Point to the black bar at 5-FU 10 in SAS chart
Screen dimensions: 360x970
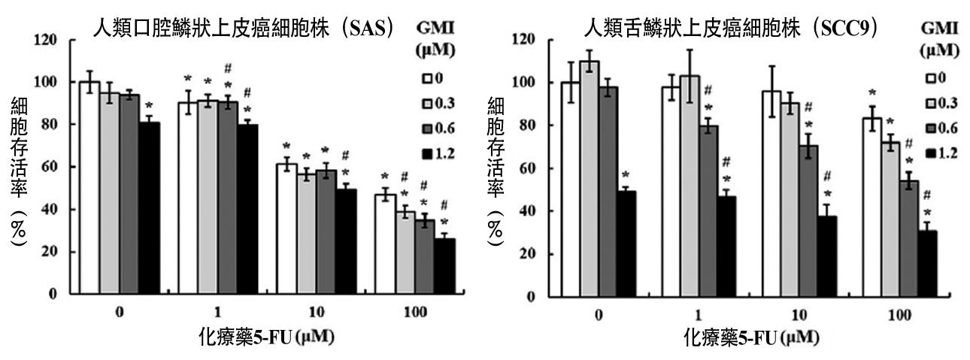click(x=345, y=241)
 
